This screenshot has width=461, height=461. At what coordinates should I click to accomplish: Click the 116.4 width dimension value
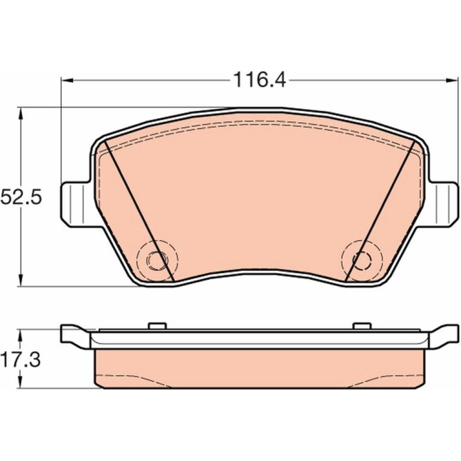(x=260, y=80)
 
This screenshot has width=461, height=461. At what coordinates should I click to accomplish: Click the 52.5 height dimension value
(x=21, y=197)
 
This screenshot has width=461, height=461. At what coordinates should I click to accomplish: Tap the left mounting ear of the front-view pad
(x=76, y=204)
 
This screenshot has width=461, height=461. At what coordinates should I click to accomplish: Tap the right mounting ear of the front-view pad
(x=443, y=204)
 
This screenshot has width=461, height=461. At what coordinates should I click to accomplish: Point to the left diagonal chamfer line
(x=139, y=211)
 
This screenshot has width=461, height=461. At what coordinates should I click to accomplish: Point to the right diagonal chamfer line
(x=380, y=211)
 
